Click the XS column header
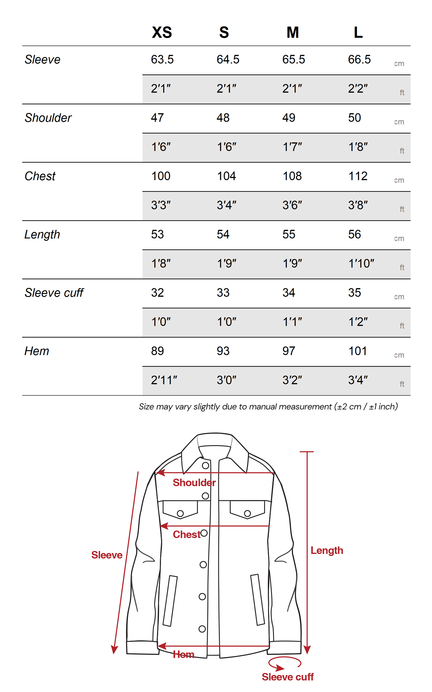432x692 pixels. click(162, 32)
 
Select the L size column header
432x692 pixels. click(358, 32)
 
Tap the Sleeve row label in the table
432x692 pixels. click(43, 60)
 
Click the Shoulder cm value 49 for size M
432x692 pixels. click(289, 118)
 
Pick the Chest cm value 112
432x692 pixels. click(358, 176)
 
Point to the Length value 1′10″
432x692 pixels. click(361, 264)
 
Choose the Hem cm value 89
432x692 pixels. click(158, 351)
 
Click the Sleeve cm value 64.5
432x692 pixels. click(228, 60)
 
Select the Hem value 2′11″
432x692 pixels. click(164, 380)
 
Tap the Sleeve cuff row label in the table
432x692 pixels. click(54, 293)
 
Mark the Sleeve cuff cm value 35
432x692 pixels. click(355, 293)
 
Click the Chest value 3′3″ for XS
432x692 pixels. click(161, 205)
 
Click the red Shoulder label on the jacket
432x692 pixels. click(194, 483)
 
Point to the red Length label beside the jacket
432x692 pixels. click(327, 550)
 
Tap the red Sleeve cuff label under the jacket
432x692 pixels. click(288, 677)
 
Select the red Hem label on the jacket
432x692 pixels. click(183, 655)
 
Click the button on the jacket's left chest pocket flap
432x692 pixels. click(180, 514)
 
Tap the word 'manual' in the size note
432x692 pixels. click(263, 407)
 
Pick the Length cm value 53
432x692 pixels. click(158, 234)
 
